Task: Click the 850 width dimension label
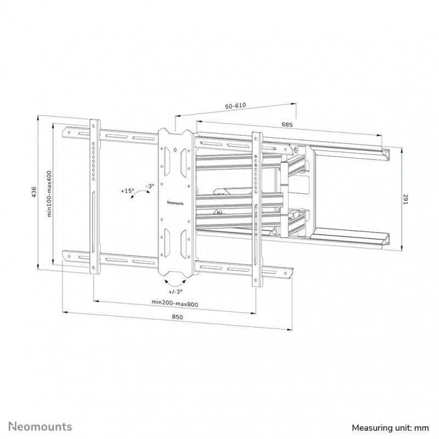click(x=177, y=317)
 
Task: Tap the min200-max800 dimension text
click(x=175, y=303)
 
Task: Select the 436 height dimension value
click(x=34, y=192)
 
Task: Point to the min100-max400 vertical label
click(x=49, y=194)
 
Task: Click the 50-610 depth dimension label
click(x=235, y=106)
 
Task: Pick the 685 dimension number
click(x=287, y=125)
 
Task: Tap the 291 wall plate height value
click(x=406, y=199)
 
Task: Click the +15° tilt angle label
click(x=127, y=191)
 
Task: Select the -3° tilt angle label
click(x=150, y=186)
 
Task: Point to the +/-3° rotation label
click(x=175, y=291)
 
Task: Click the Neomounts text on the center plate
click(x=175, y=202)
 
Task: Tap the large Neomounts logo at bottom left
click(x=40, y=427)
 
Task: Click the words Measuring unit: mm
click(x=390, y=428)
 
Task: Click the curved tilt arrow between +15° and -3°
click(x=139, y=193)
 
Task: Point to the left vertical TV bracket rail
click(x=94, y=196)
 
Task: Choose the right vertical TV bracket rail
click(x=257, y=210)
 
